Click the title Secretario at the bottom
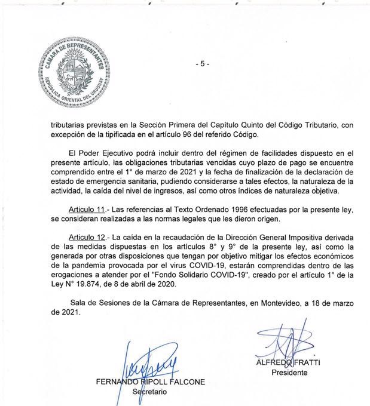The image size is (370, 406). click(x=149, y=392)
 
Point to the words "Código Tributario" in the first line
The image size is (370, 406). click(x=321, y=125)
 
